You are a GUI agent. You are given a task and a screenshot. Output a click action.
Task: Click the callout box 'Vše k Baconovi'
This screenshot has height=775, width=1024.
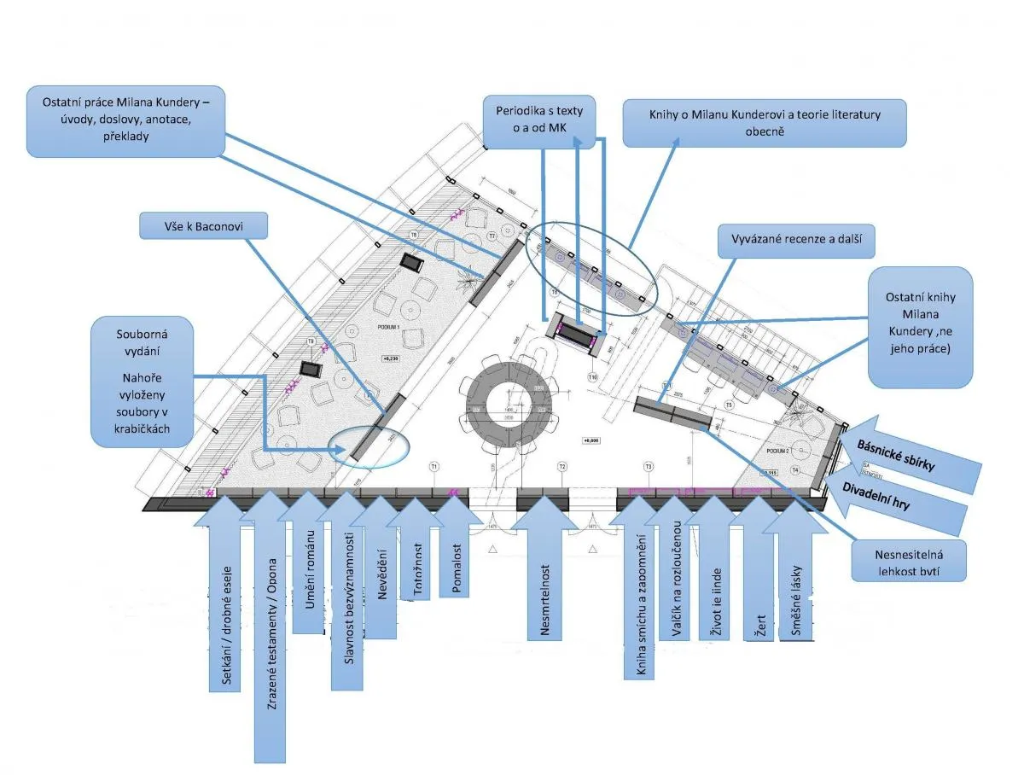pyautogui.click(x=203, y=226)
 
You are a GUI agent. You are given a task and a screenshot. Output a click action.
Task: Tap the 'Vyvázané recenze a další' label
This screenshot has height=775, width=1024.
pyautogui.click(x=797, y=242)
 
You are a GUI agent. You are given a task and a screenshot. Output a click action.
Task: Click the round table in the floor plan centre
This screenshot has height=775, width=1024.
pyautogui.click(x=509, y=404)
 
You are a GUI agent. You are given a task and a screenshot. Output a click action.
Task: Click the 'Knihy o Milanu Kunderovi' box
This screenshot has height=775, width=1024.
pyautogui.click(x=764, y=122)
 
